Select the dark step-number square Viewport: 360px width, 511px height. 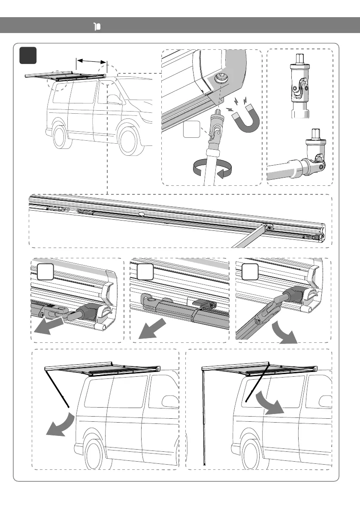(28, 56)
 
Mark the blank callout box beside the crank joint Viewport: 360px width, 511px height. (191, 130)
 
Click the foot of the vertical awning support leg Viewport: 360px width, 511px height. (205, 464)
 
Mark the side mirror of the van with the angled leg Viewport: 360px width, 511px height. (170, 399)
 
